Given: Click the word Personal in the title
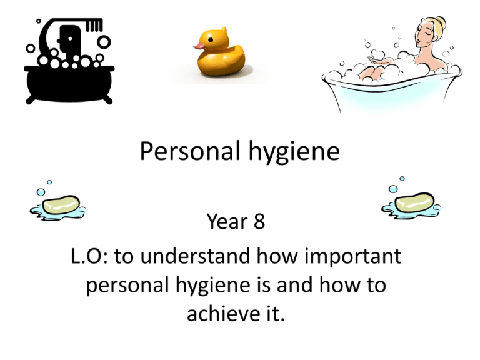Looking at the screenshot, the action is point(190,151).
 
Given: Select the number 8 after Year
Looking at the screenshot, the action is point(259,221).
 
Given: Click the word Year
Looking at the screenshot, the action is point(227,221).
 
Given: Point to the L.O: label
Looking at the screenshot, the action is point(90,256).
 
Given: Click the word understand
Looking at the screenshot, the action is point(195,256).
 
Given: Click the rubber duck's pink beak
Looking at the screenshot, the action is point(199,46).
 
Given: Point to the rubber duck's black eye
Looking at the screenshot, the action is point(211,40).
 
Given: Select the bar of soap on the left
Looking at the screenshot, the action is point(61,204).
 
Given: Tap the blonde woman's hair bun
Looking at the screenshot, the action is point(441,23).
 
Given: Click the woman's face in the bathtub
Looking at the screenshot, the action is point(422,34).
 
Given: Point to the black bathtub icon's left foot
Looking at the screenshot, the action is point(30,100).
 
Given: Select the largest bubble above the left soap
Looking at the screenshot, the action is point(41,192).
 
